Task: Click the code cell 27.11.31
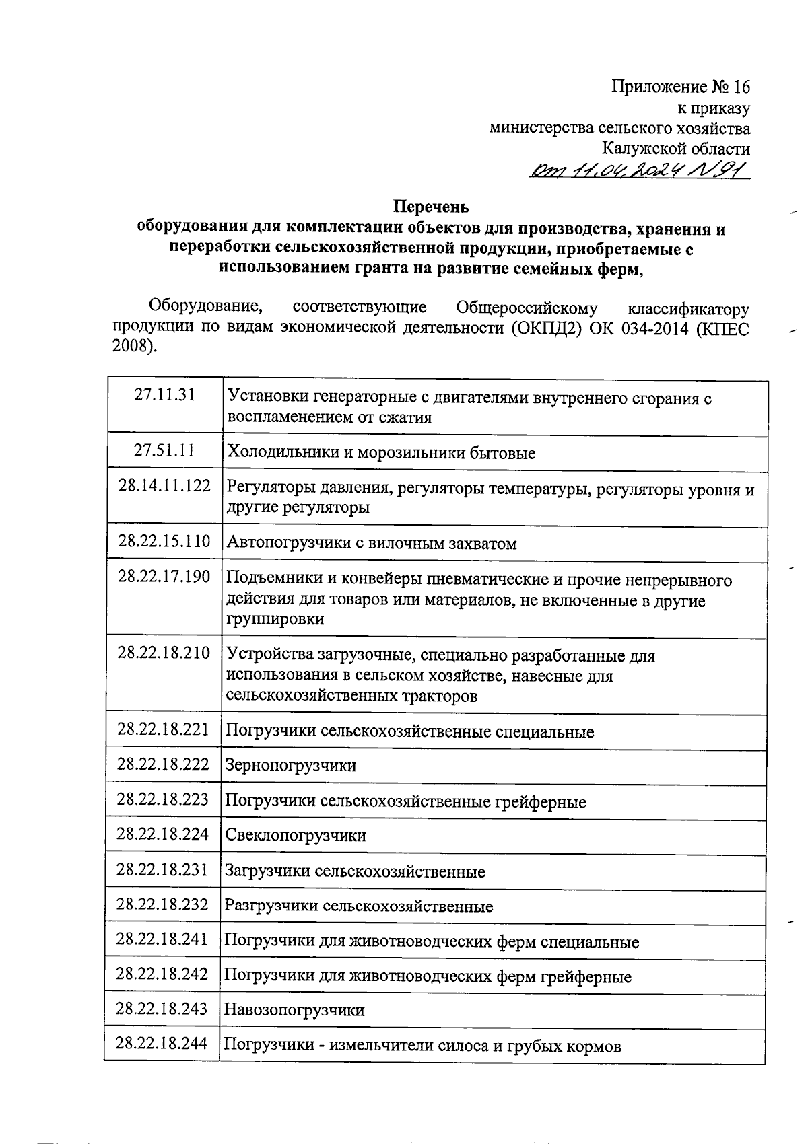[164, 395]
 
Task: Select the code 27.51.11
[164, 450]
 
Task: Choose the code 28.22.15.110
[164, 541]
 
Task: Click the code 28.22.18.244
[162, 1043]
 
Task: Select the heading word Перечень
[431, 207]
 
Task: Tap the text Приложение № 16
[680, 87]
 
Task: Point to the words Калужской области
[675, 149]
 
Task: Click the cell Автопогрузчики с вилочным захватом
[372, 544]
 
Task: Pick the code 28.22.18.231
[162, 869]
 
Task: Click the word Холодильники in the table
[282, 453]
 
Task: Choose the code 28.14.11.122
[164, 486]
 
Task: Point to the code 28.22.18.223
[163, 799]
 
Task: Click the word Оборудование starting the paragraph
[206, 308]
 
